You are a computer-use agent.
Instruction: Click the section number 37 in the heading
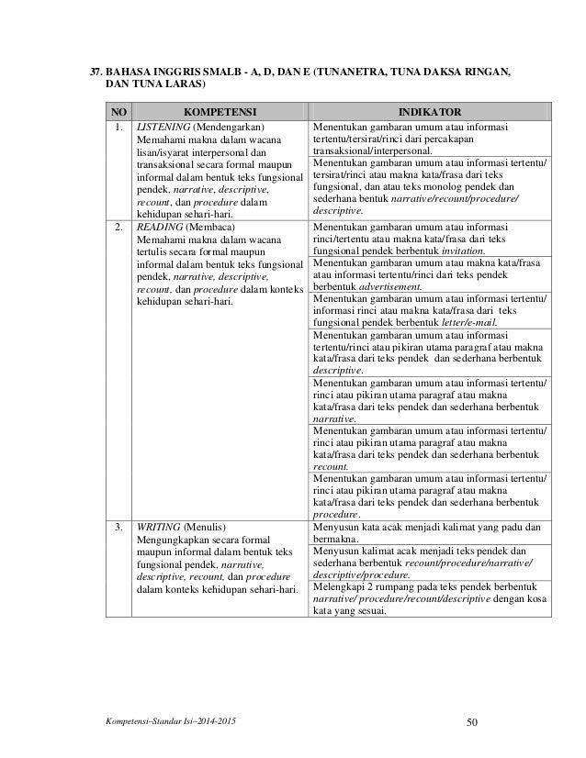click(92, 71)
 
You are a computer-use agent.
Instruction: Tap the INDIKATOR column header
click(429, 107)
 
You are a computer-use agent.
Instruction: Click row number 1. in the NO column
click(118, 126)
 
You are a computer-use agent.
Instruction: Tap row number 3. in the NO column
click(118, 529)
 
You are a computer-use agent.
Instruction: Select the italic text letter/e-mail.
click(471, 321)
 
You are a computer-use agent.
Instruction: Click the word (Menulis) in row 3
click(209, 529)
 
